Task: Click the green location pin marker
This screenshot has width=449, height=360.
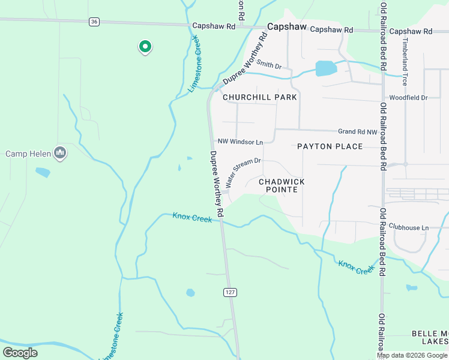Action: pos(144,46)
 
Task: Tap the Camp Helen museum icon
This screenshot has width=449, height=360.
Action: pos(59,154)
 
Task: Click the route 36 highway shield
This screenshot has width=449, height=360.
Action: pos(94,22)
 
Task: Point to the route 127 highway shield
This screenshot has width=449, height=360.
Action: pos(229,292)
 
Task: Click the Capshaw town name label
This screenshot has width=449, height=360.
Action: pos(287,27)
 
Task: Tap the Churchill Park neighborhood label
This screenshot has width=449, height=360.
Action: pos(260,97)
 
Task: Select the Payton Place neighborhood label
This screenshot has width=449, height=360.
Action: pos(330,146)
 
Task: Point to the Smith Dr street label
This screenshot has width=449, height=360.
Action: pos(269,64)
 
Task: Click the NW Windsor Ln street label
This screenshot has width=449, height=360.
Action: pos(240,142)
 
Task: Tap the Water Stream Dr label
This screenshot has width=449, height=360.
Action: pos(243,172)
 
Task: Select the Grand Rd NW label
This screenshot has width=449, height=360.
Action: pos(358,131)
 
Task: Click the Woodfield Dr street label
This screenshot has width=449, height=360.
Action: pos(408,97)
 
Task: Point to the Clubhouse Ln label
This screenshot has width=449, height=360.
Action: pos(408,227)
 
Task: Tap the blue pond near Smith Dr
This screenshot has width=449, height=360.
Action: pos(326,68)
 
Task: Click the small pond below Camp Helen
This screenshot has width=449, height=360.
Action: pos(43,172)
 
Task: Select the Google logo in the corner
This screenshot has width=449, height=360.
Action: pos(20,353)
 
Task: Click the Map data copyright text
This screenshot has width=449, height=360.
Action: pos(412,355)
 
